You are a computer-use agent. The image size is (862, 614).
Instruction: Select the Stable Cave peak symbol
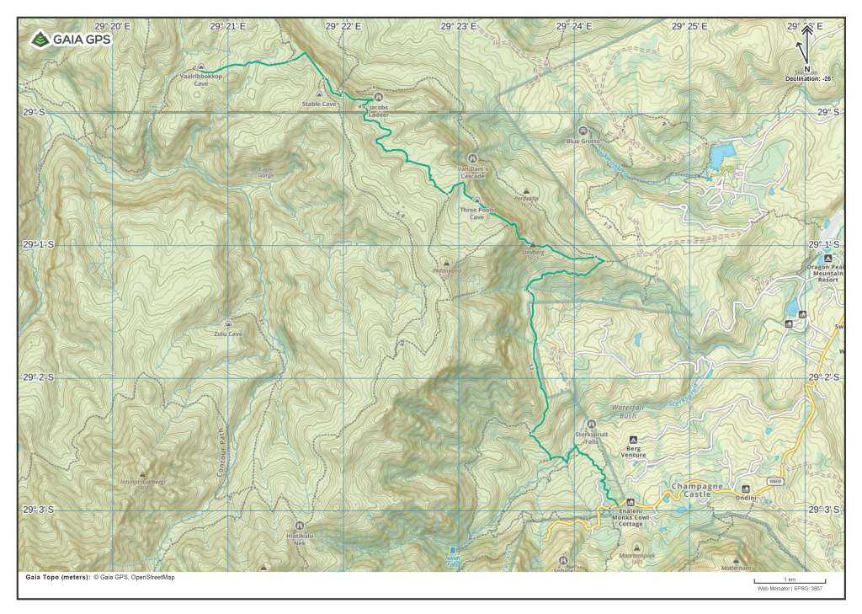[319, 94]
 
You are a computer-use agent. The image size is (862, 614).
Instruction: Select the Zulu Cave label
[228, 334]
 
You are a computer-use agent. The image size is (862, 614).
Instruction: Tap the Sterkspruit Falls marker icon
[591, 423]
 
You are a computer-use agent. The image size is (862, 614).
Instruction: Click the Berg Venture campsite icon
[633, 439]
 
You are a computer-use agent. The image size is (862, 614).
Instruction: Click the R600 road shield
[775, 482]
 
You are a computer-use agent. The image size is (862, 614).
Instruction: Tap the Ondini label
[746, 498]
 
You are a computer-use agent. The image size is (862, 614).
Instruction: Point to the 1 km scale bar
[790, 580]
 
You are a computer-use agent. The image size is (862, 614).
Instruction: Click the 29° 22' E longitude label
[345, 26]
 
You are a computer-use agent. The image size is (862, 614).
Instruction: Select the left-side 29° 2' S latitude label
[39, 377]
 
